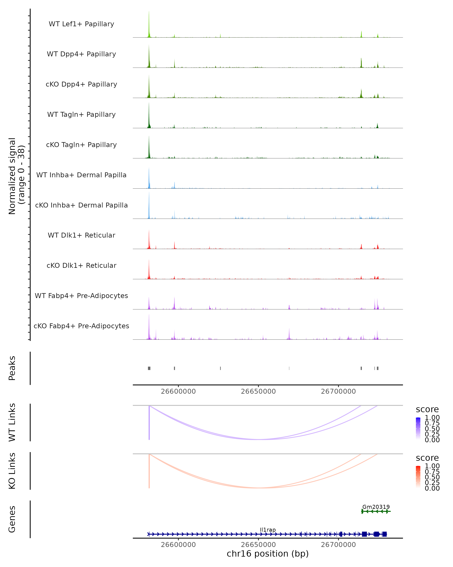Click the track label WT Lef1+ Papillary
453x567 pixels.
click(81, 24)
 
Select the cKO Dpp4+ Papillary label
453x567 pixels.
click(81, 84)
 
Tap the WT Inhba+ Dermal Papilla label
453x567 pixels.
click(81, 175)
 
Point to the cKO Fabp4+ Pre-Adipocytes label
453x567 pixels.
click(81, 326)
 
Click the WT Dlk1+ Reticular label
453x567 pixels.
click(81, 235)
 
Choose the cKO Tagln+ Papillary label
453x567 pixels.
click(81, 145)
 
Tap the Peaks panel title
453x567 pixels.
click(12, 368)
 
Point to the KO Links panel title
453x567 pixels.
click(12, 471)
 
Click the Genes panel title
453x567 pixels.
click(12, 519)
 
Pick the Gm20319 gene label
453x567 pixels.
click(376, 507)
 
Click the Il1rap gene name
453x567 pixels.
click(268, 530)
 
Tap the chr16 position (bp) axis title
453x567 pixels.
click(268, 554)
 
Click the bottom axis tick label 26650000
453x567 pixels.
click(258, 544)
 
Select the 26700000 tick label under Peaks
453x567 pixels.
click(338, 391)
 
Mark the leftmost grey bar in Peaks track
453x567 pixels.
click(149, 368)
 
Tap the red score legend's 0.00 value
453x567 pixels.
click(432, 488)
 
